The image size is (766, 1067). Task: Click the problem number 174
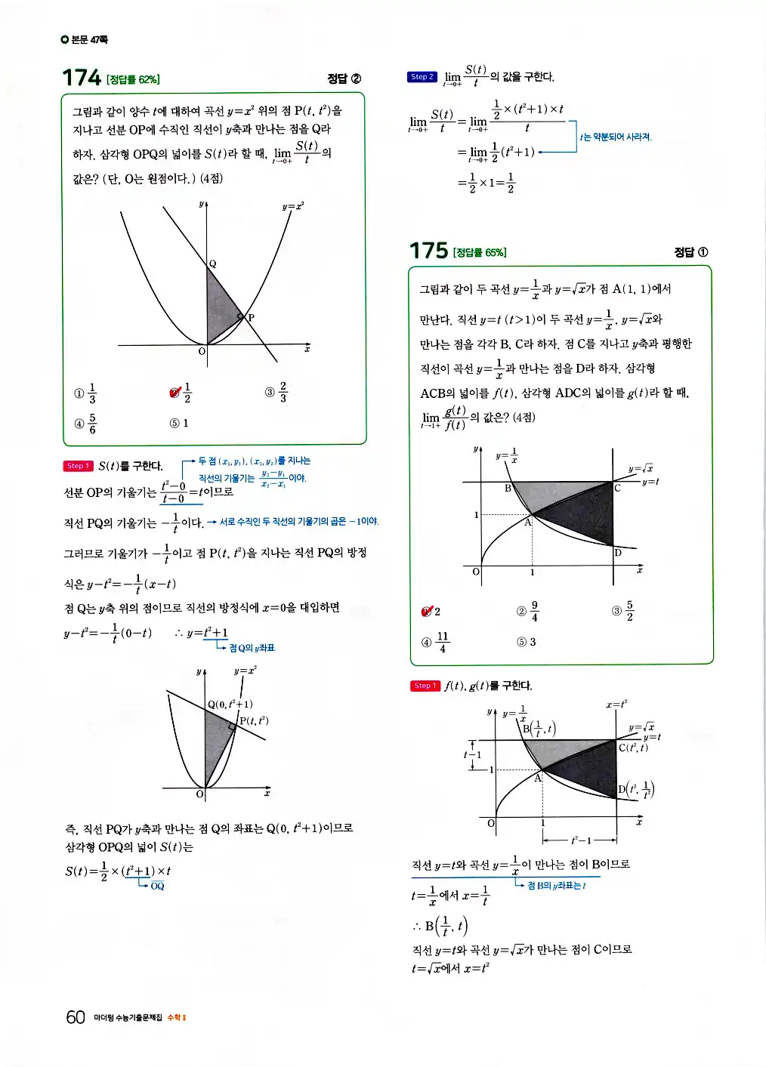point(82,78)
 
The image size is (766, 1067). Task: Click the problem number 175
point(428,251)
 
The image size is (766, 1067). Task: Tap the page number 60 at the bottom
point(76,1017)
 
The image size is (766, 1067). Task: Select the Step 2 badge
point(422,77)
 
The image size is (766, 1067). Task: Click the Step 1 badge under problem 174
point(78,466)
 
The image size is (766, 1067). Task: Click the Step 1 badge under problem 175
point(425,686)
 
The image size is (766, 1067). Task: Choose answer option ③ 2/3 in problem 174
point(276,392)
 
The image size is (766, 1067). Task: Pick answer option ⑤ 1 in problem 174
point(179,424)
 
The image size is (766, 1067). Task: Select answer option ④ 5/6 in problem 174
point(86,424)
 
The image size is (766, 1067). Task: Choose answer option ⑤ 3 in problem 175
point(527,642)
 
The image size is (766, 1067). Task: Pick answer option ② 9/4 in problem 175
point(528,612)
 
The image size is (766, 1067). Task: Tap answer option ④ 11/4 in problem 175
point(435,642)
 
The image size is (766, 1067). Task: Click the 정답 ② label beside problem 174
point(344,79)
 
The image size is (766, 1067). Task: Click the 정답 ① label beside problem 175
point(690,252)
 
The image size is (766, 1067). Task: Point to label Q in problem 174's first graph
point(213,264)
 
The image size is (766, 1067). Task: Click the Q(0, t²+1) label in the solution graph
point(230,704)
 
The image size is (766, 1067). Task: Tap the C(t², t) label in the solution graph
point(633,748)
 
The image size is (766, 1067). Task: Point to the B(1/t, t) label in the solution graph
point(539,729)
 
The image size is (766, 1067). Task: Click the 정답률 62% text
point(133,79)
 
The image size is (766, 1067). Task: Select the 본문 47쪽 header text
point(85,39)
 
